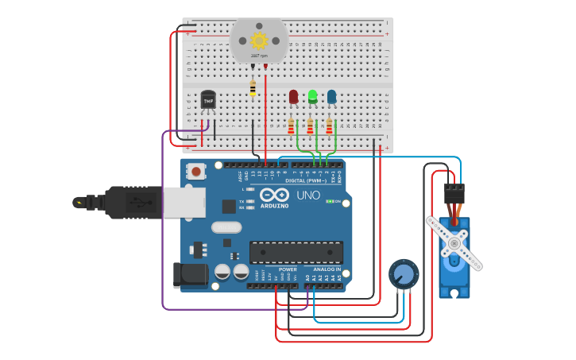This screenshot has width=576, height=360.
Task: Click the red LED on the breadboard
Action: tap(293, 96)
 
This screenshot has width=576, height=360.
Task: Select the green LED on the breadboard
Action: tap(312, 96)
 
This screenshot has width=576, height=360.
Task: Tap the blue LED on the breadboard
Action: tap(331, 96)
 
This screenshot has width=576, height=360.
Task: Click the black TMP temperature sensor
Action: tap(209, 100)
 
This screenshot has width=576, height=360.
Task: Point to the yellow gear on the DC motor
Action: tap(259, 41)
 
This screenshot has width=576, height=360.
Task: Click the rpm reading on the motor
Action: tap(259, 56)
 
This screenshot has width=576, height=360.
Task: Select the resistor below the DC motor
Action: tap(253, 88)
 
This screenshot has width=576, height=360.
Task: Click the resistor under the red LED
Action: tap(291, 126)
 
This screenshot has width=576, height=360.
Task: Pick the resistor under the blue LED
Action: tap(329, 126)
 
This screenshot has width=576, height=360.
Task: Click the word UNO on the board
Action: tap(308, 195)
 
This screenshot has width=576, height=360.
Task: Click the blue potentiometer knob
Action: tap(404, 274)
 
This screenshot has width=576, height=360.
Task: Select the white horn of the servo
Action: tap(454, 242)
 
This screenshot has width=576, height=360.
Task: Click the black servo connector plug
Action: tap(454, 193)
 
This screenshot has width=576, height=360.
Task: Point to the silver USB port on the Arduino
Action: tap(184, 202)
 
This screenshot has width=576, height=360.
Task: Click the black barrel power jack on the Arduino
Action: tap(190, 275)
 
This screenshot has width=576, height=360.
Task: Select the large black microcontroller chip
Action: tap(296, 252)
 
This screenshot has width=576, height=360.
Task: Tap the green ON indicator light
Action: tap(330, 201)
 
